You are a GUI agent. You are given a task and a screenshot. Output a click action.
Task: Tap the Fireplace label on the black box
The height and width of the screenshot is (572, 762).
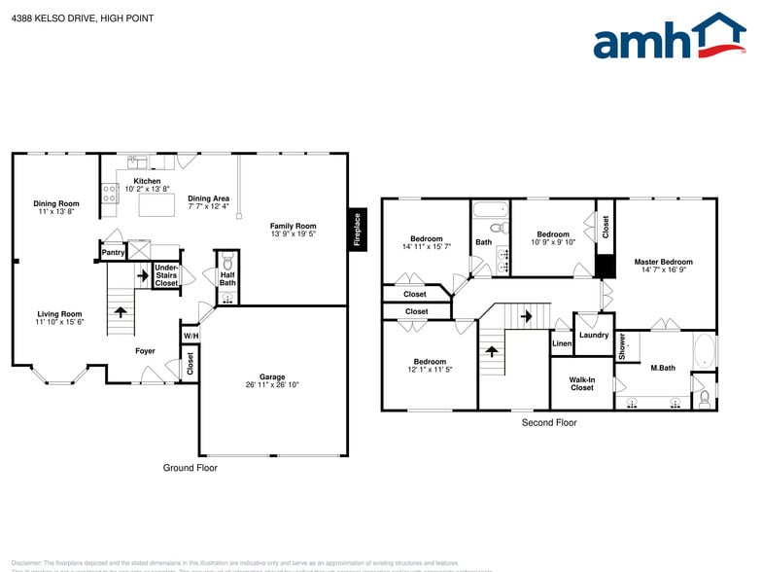pyautogui.click(x=357, y=231)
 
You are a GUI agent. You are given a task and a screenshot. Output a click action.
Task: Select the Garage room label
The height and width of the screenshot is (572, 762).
pyautogui.click(x=272, y=380)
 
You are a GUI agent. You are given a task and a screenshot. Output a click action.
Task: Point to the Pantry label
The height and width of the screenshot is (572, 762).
pyautogui.click(x=113, y=253)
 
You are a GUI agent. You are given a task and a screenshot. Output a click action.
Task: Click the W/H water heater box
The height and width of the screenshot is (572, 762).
pyautogui.click(x=190, y=337)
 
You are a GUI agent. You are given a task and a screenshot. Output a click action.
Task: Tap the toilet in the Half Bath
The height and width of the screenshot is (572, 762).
pyautogui.click(x=227, y=262)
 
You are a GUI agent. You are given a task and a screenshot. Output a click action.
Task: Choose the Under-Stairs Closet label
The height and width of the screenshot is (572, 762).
pyautogui.click(x=166, y=275)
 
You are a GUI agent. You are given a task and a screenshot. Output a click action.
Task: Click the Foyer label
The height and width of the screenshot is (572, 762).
pyautogui.click(x=145, y=351)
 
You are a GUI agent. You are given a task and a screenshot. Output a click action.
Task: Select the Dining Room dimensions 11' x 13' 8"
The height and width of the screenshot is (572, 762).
pyautogui.click(x=55, y=211)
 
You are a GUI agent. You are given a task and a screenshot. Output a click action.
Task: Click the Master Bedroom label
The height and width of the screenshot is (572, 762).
pyautogui.click(x=663, y=262)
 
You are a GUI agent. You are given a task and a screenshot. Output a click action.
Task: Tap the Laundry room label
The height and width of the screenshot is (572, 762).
pyautogui.click(x=593, y=336)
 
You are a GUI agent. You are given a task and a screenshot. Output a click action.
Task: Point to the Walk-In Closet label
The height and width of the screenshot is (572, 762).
pyautogui.click(x=581, y=383)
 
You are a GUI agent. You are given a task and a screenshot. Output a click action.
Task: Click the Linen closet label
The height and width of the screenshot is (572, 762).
pyautogui.click(x=562, y=344)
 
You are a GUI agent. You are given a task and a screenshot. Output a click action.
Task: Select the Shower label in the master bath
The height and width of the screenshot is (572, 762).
pyautogui.click(x=622, y=346)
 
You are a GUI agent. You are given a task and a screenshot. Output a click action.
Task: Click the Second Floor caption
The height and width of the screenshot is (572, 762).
pyautogui.click(x=549, y=422)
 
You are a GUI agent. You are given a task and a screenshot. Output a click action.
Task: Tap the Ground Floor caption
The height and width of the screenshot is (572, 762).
pyautogui.click(x=190, y=468)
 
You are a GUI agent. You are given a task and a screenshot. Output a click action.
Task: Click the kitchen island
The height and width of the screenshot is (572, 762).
pyautogui.click(x=157, y=204)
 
